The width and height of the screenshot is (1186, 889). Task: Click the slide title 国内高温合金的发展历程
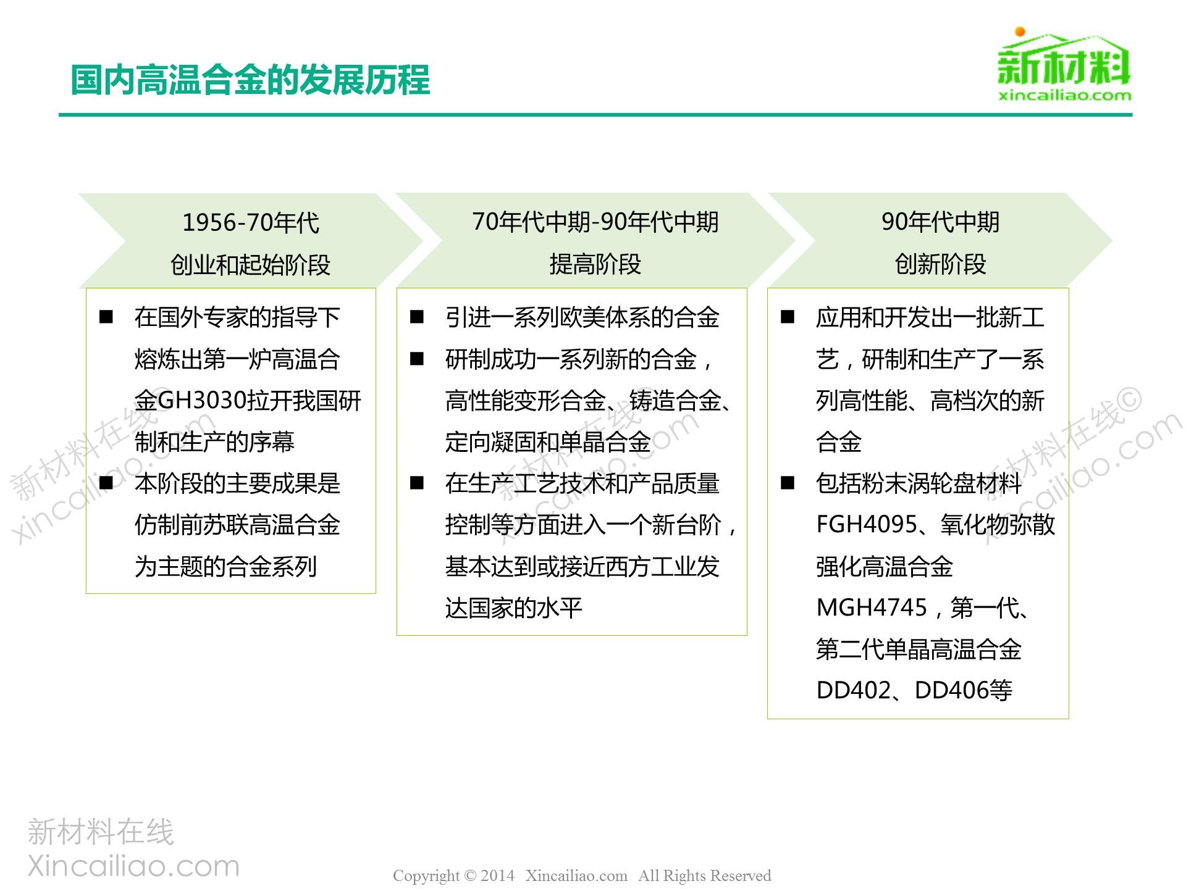tap(250, 80)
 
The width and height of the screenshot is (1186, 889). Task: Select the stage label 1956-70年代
tap(251, 223)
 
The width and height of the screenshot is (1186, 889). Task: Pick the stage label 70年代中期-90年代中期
tap(595, 222)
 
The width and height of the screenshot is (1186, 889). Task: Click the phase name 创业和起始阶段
tap(251, 265)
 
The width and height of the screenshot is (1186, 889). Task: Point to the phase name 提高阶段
tap(595, 264)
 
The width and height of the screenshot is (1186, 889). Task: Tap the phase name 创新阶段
tap(940, 264)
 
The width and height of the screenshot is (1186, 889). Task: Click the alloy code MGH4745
tap(872, 607)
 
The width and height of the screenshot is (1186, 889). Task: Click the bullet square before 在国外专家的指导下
tap(106, 317)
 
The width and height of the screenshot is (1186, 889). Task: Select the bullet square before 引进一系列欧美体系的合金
tap(417, 317)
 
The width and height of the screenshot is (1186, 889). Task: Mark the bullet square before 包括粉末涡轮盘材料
tap(788, 483)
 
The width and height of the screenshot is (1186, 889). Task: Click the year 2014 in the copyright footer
tap(497, 875)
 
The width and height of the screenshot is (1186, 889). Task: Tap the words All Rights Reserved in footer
tap(705, 875)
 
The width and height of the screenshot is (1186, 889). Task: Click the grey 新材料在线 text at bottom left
tap(101, 832)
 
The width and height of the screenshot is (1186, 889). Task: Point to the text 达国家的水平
tap(514, 608)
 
